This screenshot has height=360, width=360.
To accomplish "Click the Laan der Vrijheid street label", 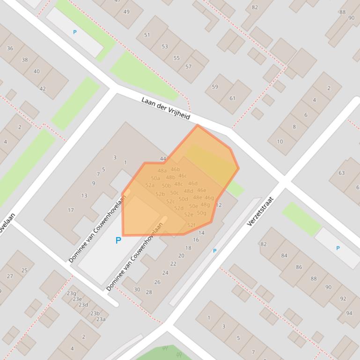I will (166, 108).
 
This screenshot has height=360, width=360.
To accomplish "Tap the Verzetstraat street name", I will (260, 211).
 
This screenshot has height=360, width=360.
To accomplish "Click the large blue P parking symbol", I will (118, 240).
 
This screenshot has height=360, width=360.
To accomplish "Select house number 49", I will (126, 12).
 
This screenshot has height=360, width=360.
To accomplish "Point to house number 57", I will (188, 66).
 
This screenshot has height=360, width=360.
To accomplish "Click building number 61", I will (233, 98).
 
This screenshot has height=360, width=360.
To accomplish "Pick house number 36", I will (10, 48).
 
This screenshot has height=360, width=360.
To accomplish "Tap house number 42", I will (43, 89).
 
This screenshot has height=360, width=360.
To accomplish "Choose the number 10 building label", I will (279, 142).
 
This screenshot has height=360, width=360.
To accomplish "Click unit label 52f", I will (191, 225).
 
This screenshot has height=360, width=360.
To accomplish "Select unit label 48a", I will (162, 171).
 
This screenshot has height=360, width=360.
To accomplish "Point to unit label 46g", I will (209, 198).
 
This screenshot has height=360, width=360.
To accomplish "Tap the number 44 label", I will (163, 159).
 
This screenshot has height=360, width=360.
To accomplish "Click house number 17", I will (71, 210).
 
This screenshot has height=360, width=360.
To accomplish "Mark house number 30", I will (137, 289).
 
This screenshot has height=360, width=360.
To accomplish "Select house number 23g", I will (71, 293).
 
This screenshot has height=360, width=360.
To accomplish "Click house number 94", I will (349, 313).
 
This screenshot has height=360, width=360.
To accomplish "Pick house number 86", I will (299, 267).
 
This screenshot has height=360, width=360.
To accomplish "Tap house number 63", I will (342, 173).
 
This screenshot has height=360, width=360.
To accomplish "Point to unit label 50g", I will (201, 213).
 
